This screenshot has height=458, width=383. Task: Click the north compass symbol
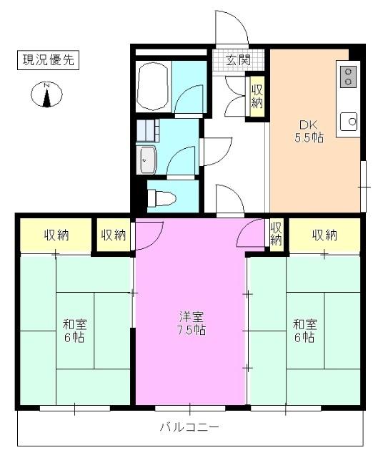pos(47,94)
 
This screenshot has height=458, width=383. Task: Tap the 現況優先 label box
pos(46,61)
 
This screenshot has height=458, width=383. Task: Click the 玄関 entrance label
pos(238,60)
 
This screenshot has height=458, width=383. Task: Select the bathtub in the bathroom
pos(152,88)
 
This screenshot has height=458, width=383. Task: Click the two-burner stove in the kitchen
pos(349,77)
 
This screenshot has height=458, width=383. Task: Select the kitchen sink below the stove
pos(349,122)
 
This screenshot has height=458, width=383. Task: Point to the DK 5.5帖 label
pos(309,129)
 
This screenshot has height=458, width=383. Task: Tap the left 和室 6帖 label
pos(74,330)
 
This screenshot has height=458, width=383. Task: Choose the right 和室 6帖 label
pos(304,330)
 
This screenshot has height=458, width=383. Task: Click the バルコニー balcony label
pos(189,427)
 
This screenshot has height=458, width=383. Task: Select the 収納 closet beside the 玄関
pos(257,96)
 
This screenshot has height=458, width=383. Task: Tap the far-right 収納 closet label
pos(324,234)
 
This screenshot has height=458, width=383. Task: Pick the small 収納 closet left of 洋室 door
pos(113,234)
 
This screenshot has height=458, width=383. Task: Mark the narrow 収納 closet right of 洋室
pos(276,233)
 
